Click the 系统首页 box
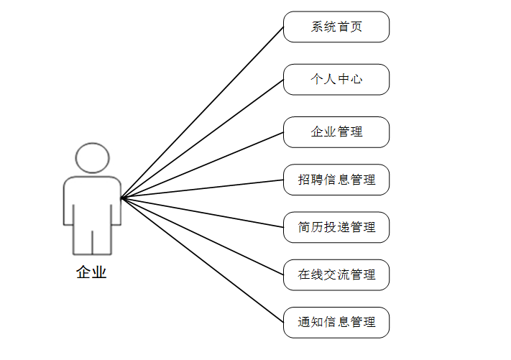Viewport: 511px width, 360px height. pos(336,27)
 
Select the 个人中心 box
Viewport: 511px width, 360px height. pos(336,79)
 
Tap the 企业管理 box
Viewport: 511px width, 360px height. pos(336,131)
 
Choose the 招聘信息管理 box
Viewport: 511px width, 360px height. pos(336,180)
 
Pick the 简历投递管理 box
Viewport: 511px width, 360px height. pos(336,227)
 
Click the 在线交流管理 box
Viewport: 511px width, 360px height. pos(336,274)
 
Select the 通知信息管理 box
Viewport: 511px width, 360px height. pos(336,322)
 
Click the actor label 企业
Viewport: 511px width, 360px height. pos(91,272)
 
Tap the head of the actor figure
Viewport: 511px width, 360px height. pos(92,157)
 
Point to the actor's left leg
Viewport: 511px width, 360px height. pos(82,241)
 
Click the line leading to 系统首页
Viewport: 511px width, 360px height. pos(202,112)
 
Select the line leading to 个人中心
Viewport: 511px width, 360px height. pos(202,139)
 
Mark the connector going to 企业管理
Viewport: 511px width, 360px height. pos(202,165)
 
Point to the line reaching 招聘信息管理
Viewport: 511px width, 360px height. pos(202,189)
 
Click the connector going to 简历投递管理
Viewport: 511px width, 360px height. pos(202,212)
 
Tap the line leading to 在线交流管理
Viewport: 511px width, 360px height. pos(202,236)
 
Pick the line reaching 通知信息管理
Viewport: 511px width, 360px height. pos(202,259)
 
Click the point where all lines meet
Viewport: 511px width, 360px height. pos(121,198)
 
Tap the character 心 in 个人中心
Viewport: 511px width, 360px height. pos(356,80)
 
